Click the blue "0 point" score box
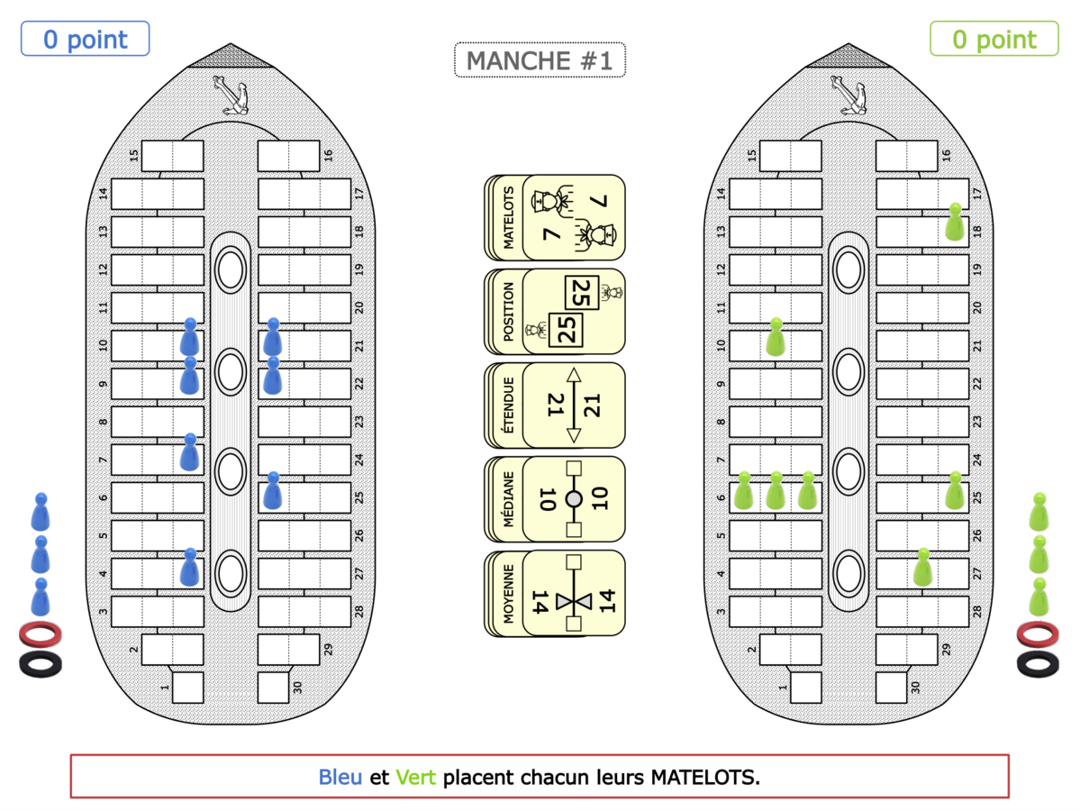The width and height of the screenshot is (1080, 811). pos(85,40)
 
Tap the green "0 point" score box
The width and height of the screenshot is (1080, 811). pos(994,40)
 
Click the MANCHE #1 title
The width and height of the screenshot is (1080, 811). pos(540,60)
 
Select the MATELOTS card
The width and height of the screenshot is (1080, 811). pos(555,217)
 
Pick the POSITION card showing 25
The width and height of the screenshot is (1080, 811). pos(555,311)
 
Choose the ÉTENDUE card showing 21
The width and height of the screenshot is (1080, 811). pos(555,405)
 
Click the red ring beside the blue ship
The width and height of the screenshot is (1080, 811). pos(41,634)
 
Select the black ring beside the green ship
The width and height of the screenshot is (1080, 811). pos(1039,664)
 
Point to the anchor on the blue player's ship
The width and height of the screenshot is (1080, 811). pos(231,95)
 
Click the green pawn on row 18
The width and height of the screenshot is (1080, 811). pos(955,223)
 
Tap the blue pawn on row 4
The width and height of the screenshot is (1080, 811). pos(189,568)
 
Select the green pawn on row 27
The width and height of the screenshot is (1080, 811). pos(922,568)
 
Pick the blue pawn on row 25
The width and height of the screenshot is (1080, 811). pos(273,491)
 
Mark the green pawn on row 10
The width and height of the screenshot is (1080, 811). pos(775,337)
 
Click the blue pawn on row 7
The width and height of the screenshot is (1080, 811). pos(189,452)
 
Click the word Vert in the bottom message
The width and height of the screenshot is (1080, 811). pos(416,777)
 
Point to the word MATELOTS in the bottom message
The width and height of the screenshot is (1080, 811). pos(704,777)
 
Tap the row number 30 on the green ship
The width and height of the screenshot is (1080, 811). pos(915,688)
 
